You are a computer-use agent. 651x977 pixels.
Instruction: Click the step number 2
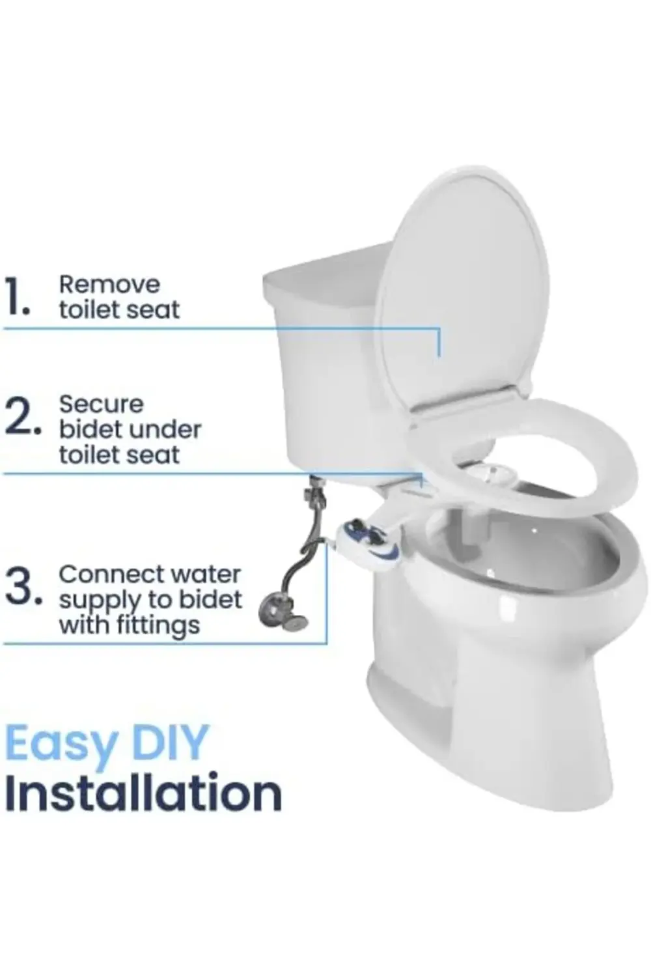pos(21,417)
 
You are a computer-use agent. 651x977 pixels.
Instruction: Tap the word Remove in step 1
pos(109,285)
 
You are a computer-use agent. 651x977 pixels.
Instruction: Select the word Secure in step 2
pos(101,404)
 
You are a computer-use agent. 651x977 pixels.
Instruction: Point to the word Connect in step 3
pos(102,574)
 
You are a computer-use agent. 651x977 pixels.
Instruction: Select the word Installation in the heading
pos(143,793)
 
